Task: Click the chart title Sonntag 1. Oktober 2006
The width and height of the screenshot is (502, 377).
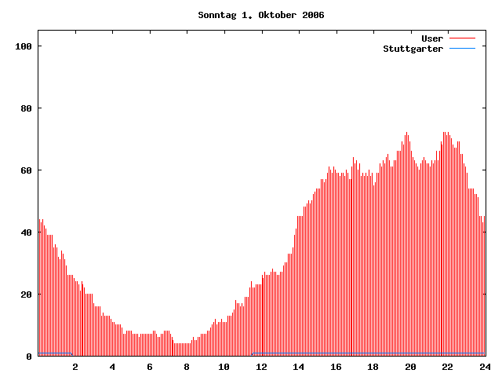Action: [x=260, y=15]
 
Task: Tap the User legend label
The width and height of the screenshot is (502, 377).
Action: [x=432, y=38]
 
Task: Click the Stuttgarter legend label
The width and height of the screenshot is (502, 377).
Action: [x=413, y=49]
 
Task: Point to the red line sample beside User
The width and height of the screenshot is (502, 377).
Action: [x=463, y=38]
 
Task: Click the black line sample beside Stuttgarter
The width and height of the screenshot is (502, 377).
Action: [x=463, y=49]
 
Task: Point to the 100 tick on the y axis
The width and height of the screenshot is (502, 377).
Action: [x=24, y=46]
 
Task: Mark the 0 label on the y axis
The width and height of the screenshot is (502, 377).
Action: [x=29, y=357]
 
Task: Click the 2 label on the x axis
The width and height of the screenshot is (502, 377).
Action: [x=75, y=367]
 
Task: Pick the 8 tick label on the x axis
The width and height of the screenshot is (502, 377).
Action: [x=187, y=367]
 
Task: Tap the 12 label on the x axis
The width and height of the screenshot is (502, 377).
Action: [x=261, y=367]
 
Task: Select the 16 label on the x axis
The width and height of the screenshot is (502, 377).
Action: [x=336, y=367]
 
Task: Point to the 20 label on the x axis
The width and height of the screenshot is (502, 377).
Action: [x=410, y=367]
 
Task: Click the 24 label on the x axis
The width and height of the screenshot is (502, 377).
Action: [x=485, y=367]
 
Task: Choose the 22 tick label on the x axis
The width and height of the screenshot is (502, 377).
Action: [x=447, y=367]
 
